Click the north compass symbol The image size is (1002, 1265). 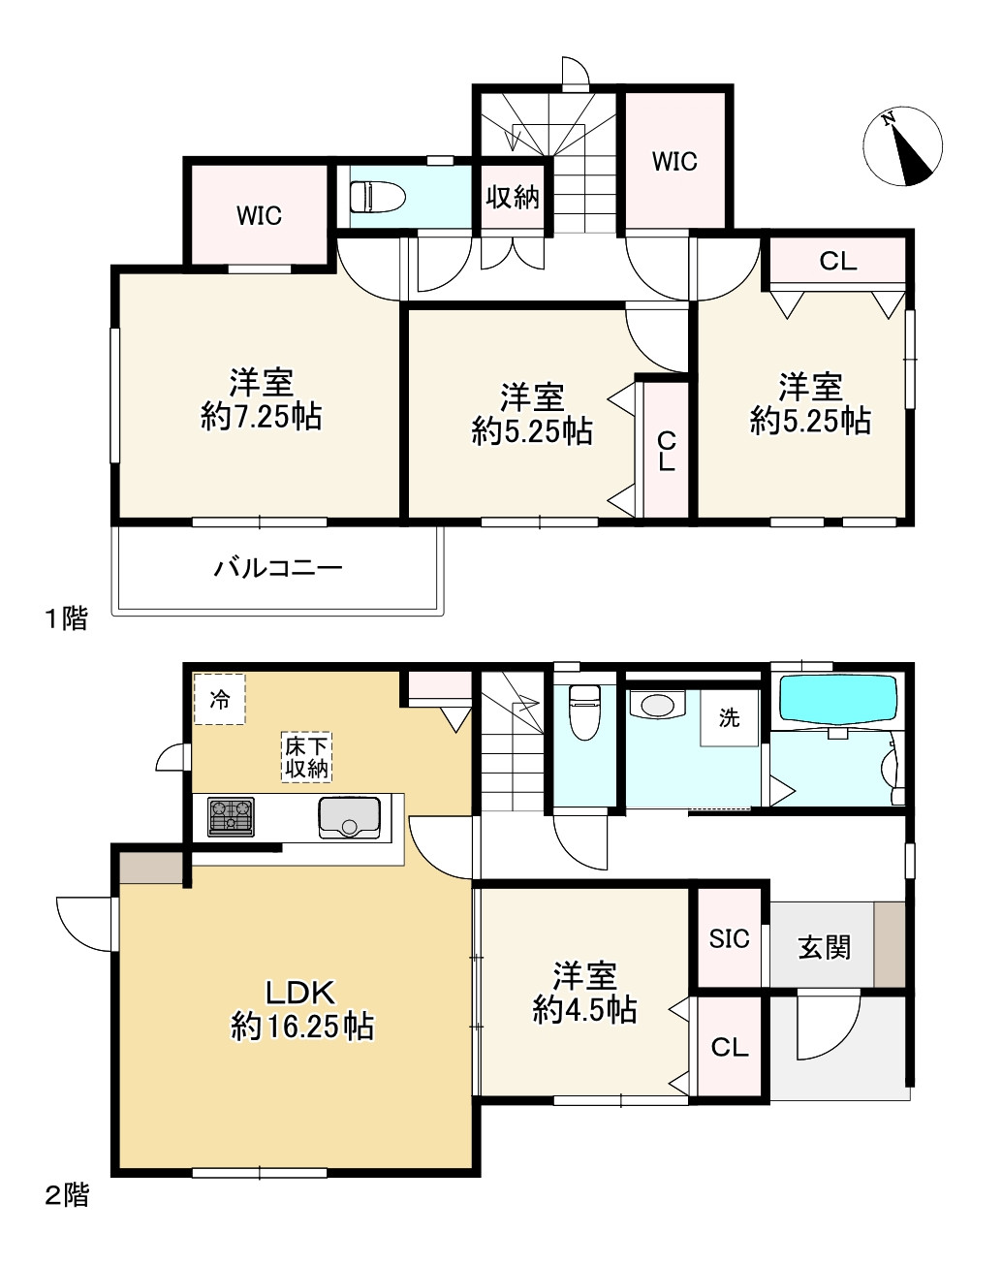click(x=902, y=146)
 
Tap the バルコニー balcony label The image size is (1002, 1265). click(x=278, y=567)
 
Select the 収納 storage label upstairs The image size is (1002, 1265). click(x=512, y=197)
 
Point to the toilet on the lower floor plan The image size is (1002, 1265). click(x=583, y=712)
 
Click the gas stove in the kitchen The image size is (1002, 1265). click(x=232, y=816)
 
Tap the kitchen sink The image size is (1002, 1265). click(x=349, y=817)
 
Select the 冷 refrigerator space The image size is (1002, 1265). click(x=220, y=699)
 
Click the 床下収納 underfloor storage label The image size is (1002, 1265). click(x=306, y=757)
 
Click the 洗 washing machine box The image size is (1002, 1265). click(x=729, y=718)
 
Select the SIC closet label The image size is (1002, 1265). click(x=730, y=938)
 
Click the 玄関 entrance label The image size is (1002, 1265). click(x=824, y=946)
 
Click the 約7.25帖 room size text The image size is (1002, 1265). click(x=262, y=417)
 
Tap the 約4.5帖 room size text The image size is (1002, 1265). click(x=584, y=1009)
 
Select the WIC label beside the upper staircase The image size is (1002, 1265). click(x=674, y=161)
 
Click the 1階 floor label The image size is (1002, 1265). click(x=66, y=618)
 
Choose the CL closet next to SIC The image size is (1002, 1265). click(x=730, y=1047)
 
